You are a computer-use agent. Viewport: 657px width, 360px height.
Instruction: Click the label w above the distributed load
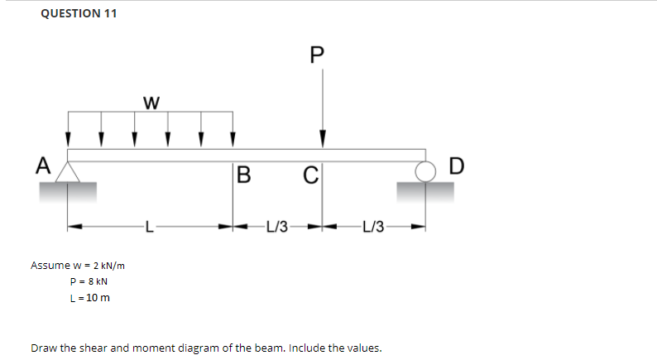tap(151, 103)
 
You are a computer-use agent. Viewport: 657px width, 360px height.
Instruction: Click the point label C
tap(309, 175)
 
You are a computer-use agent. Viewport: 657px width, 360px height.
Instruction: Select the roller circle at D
tap(426, 171)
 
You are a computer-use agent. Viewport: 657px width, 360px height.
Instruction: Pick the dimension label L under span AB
tap(149, 225)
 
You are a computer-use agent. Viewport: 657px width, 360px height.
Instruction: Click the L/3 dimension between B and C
tap(277, 225)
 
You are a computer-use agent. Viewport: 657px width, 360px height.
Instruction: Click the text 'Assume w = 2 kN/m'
tap(78, 266)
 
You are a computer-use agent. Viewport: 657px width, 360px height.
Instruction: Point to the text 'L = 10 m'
tap(90, 298)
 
